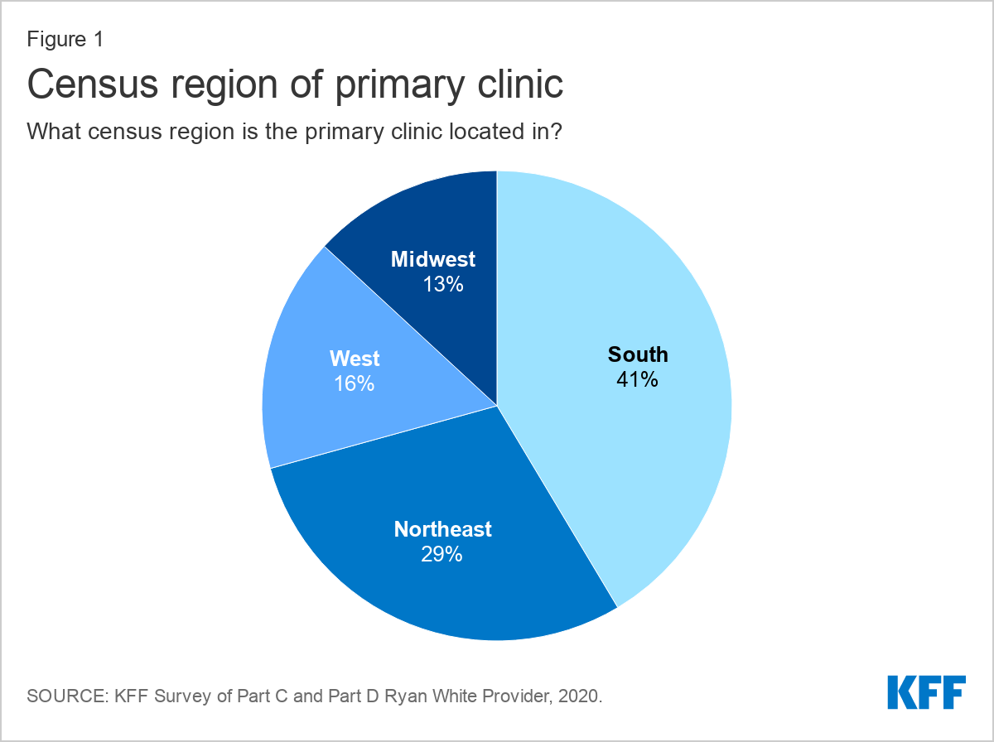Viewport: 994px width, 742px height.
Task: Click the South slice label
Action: pyautogui.click(x=638, y=354)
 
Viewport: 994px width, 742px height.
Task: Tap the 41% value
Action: pyautogui.click(x=637, y=379)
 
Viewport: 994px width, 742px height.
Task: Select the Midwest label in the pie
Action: pyautogui.click(x=433, y=259)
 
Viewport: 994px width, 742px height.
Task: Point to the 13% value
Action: pyautogui.click(x=443, y=284)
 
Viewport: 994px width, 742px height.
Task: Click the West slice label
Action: pyautogui.click(x=355, y=359)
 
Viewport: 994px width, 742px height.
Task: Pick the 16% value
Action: pyautogui.click(x=355, y=384)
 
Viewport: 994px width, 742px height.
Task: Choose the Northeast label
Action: pyautogui.click(x=443, y=529)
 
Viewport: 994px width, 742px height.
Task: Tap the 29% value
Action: pyautogui.click(x=442, y=554)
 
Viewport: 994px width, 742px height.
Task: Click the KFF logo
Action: pyautogui.click(x=927, y=692)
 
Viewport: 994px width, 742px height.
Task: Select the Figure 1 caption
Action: pyautogui.click(x=65, y=40)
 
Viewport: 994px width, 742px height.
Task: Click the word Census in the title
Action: pyautogui.click(x=93, y=84)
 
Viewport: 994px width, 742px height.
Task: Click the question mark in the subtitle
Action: pyautogui.click(x=556, y=132)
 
